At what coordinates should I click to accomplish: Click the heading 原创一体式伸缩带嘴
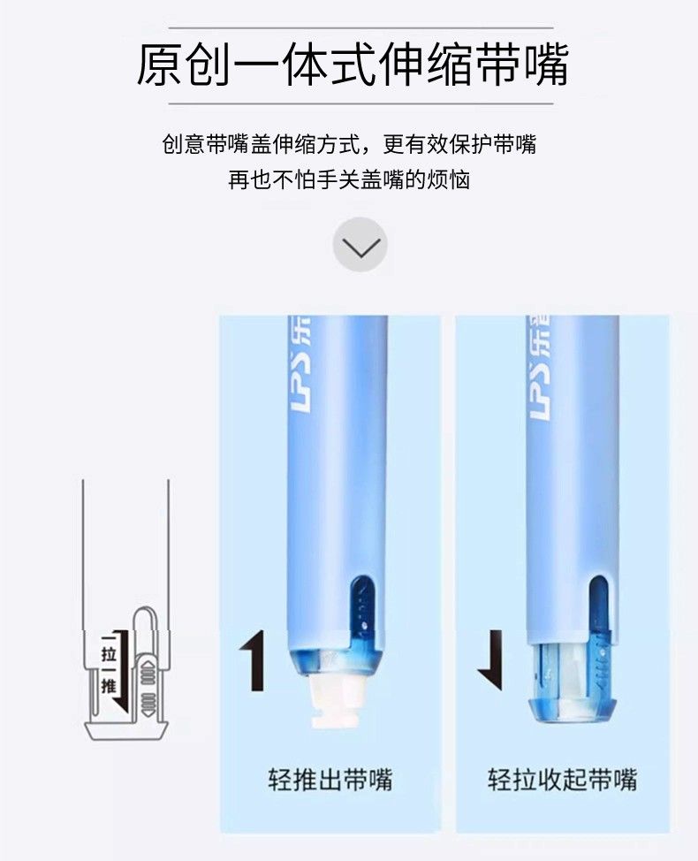click(x=352, y=65)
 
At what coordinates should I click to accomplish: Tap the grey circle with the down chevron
click(x=360, y=244)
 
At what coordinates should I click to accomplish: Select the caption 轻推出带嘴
click(x=330, y=780)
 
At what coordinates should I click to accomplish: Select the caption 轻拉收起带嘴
click(x=563, y=780)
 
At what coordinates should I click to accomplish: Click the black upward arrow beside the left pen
click(x=253, y=660)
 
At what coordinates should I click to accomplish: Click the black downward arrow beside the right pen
click(x=491, y=660)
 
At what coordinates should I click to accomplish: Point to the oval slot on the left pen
click(x=361, y=603)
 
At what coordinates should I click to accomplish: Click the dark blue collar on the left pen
click(x=335, y=661)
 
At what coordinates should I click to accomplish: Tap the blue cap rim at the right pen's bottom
click(x=572, y=711)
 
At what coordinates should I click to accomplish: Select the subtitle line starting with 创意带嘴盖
click(x=349, y=144)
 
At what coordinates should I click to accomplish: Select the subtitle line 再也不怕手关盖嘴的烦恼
click(x=349, y=179)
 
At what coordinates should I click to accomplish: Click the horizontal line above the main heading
click(x=360, y=27)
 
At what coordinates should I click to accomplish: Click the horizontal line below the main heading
click(x=360, y=103)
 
